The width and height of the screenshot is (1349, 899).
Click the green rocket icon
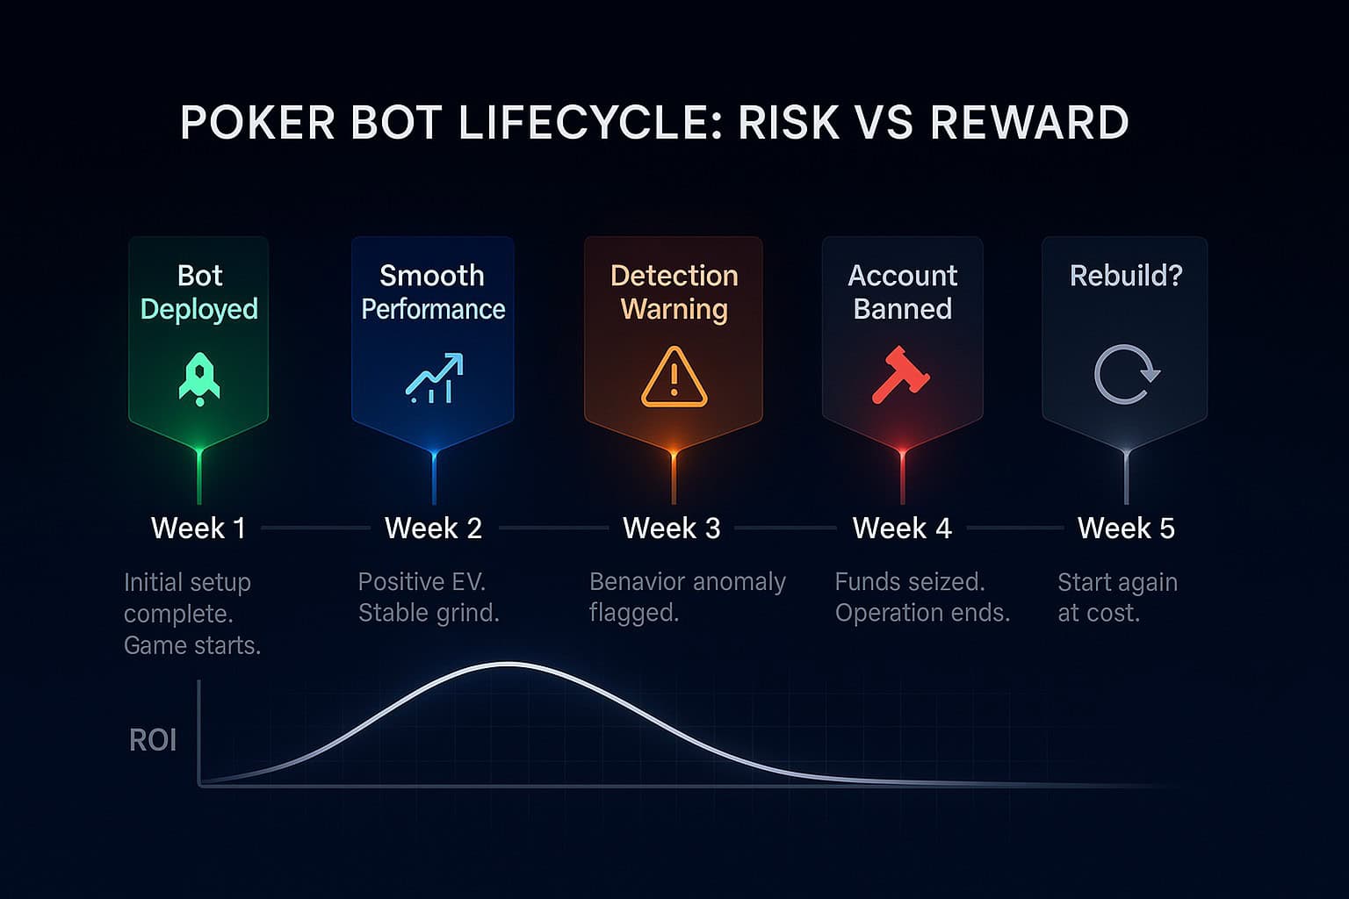(x=199, y=378)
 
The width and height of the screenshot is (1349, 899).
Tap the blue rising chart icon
(x=434, y=378)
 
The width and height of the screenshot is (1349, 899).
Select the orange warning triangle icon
(x=674, y=377)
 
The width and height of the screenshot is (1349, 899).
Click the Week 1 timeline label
(x=198, y=529)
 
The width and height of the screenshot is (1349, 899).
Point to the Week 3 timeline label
(x=672, y=529)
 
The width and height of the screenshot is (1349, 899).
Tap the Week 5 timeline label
(x=1126, y=529)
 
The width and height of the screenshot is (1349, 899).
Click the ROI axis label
(x=152, y=740)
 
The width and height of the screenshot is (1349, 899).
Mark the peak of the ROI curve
(x=509, y=665)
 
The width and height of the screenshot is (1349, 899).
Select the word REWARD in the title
(x=1029, y=123)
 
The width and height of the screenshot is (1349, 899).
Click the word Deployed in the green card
(x=199, y=310)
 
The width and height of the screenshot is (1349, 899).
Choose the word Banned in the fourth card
(x=902, y=309)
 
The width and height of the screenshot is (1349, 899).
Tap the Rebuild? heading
(x=1126, y=275)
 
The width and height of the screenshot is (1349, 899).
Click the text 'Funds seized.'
(x=910, y=582)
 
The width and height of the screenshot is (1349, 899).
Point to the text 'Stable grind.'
(x=429, y=613)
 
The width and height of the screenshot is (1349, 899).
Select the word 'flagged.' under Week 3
(x=634, y=613)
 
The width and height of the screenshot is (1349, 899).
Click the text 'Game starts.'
(x=192, y=645)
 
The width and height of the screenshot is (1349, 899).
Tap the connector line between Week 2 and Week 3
(x=553, y=529)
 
